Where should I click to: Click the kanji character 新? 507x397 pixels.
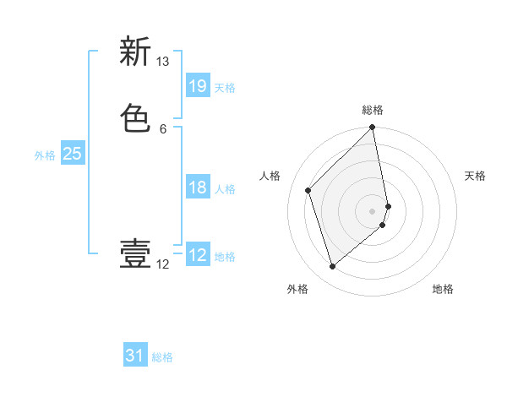coord(135,52)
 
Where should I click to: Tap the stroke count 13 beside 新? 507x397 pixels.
coord(163,62)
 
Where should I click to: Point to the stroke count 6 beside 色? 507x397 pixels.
coord(163,128)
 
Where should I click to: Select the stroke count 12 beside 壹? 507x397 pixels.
coord(163,264)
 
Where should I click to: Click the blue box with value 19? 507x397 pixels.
coord(197,85)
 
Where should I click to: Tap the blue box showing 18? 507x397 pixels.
coord(197,188)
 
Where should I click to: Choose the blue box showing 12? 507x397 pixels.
coord(197,255)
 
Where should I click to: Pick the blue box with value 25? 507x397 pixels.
coord(72,154)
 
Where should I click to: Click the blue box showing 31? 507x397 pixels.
coord(135,356)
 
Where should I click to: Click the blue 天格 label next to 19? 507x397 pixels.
coord(225,87)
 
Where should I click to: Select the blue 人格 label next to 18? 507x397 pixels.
coord(225,189)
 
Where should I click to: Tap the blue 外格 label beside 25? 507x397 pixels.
coord(45,155)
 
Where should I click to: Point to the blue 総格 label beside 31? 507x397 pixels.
coord(162,357)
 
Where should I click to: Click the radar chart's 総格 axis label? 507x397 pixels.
coord(373,110)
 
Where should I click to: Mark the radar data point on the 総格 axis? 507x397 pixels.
coord(373,128)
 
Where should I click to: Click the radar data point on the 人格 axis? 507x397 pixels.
coord(308,190)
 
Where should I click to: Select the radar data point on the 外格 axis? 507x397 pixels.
coord(333,267)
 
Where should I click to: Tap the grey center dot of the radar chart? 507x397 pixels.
coord(373,210)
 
